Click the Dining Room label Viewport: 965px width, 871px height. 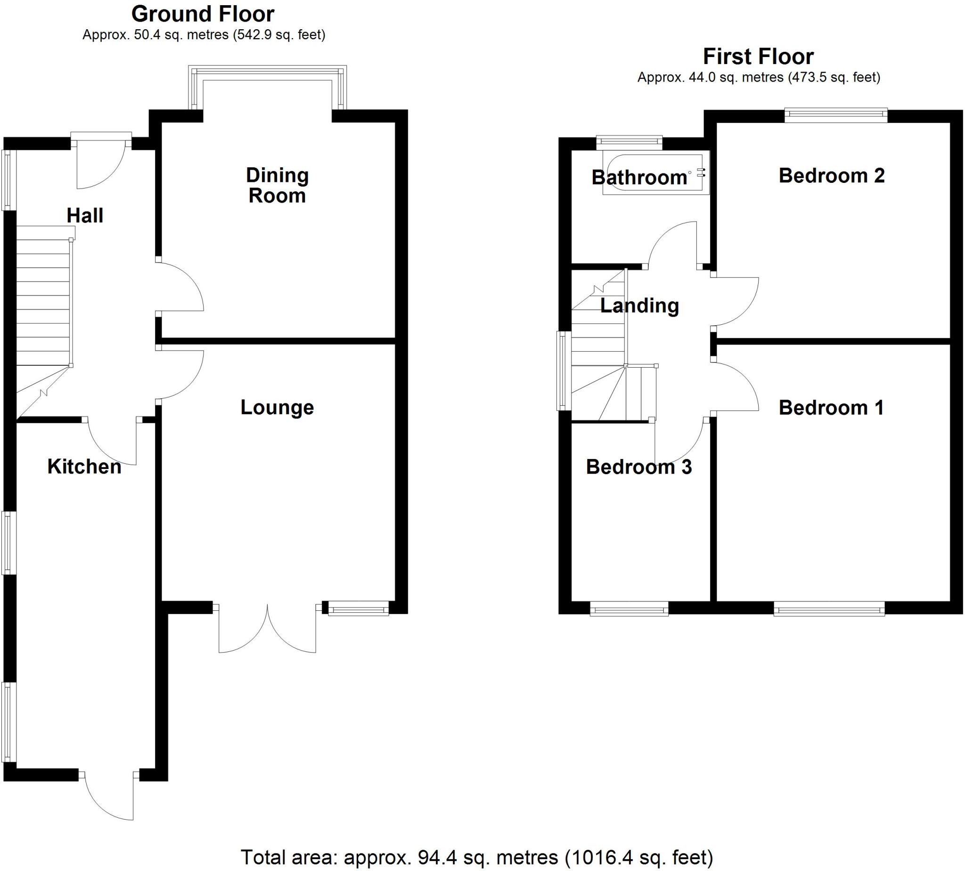coord(277,185)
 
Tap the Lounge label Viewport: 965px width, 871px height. coord(277,407)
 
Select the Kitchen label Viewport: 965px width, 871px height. coord(84,467)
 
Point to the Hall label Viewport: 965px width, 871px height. coord(85,215)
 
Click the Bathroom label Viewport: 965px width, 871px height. coord(640,178)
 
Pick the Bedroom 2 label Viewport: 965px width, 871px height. coord(832,176)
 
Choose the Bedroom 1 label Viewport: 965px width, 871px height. coord(831,408)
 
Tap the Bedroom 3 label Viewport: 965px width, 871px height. coord(639,467)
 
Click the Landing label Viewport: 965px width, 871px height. coord(640,306)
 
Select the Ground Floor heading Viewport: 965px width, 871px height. coord(203,14)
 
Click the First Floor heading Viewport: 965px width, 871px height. coord(758,57)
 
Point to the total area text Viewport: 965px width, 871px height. coord(476,857)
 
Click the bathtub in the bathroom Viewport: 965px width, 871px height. coord(655,174)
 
